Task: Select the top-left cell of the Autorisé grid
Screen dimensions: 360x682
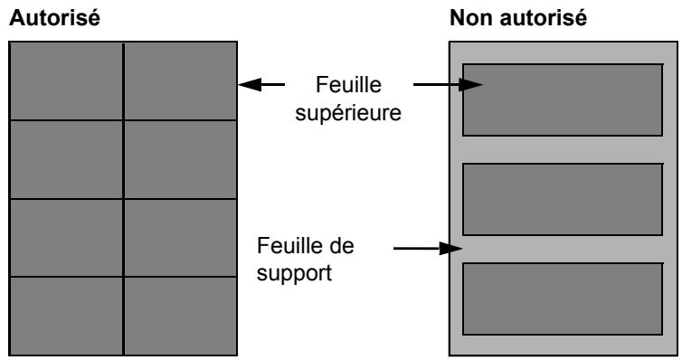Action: [66, 81]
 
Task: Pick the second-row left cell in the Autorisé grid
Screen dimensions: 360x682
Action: [66, 159]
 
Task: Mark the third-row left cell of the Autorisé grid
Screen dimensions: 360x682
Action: [66, 238]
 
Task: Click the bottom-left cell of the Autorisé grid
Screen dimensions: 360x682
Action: [66, 316]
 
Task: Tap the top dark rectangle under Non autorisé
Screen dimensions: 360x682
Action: [562, 99]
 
